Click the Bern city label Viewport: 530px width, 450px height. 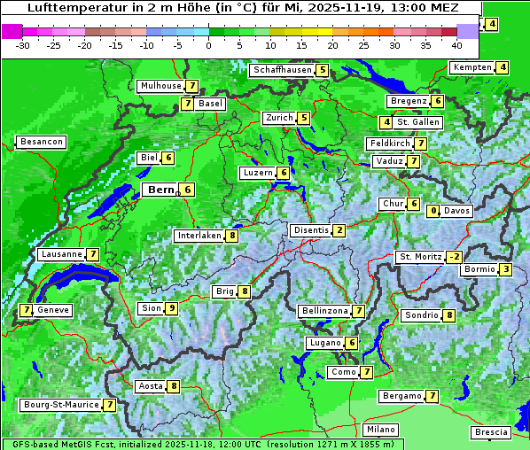160,190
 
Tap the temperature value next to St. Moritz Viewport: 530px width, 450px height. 454,257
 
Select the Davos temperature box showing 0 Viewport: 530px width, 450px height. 433,211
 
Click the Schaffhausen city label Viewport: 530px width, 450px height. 281,70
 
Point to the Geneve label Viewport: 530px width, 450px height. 53,310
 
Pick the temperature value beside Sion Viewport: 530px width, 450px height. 171,308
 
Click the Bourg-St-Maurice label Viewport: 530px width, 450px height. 60,405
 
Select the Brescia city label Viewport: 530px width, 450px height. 491,432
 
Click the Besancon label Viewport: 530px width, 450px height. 41,142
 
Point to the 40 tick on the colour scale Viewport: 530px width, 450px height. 456,44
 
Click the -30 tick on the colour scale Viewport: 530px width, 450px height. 23,44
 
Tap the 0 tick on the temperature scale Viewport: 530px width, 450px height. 208,44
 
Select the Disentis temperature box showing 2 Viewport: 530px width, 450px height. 339,230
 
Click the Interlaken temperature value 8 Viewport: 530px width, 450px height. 231,236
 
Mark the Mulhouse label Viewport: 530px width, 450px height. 160,86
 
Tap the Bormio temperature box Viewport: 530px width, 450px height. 505,269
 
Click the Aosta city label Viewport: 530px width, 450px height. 151,386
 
